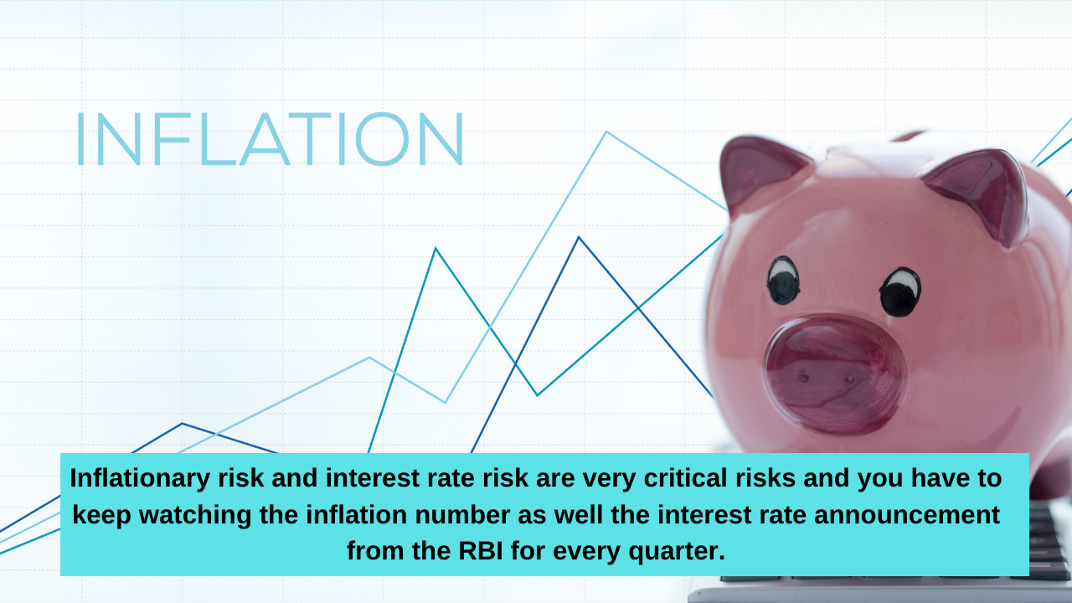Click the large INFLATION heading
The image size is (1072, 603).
tap(270, 139)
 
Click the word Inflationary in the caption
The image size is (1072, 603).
tap(140, 478)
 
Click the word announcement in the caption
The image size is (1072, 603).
tap(907, 515)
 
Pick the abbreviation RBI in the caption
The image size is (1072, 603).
tap(481, 551)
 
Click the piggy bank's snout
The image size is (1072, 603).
tap(836, 374)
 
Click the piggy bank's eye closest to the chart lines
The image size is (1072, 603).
tap(783, 281)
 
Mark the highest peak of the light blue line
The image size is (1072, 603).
tap(606, 132)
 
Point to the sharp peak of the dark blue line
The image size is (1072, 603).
tap(579, 237)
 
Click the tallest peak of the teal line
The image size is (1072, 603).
tap(435, 249)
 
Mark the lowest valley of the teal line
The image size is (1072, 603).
tap(537, 395)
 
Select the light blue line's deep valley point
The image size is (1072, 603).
tap(445, 402)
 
